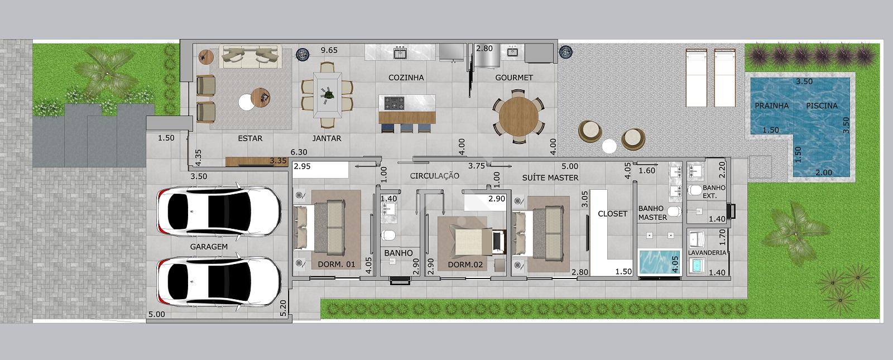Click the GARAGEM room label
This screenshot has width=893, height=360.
click(209, 247)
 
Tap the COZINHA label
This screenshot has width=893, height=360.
click(406, 78)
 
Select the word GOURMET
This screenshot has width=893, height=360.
click(514, 78)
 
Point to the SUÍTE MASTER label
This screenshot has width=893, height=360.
click(550, 178)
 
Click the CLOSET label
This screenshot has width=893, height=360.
click(612, 214)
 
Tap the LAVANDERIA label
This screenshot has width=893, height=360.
click(707, 252)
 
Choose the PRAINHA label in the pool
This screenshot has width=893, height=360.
click(772, 105)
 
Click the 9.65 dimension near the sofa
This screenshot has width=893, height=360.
click(329, 50)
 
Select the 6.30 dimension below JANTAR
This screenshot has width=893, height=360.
click(299, 152)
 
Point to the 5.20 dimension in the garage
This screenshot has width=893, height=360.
click(283, 308)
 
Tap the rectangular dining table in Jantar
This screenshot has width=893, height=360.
click(327, 95)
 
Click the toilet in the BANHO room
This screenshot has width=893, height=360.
click(388, 235)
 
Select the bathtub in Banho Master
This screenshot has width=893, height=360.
click(659, 262)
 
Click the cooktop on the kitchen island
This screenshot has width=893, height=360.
click(394, 103)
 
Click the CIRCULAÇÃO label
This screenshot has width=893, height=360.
click(435, 176)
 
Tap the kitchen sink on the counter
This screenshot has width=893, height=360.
click(400, 52)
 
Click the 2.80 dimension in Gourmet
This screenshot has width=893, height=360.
click(484, 49)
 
